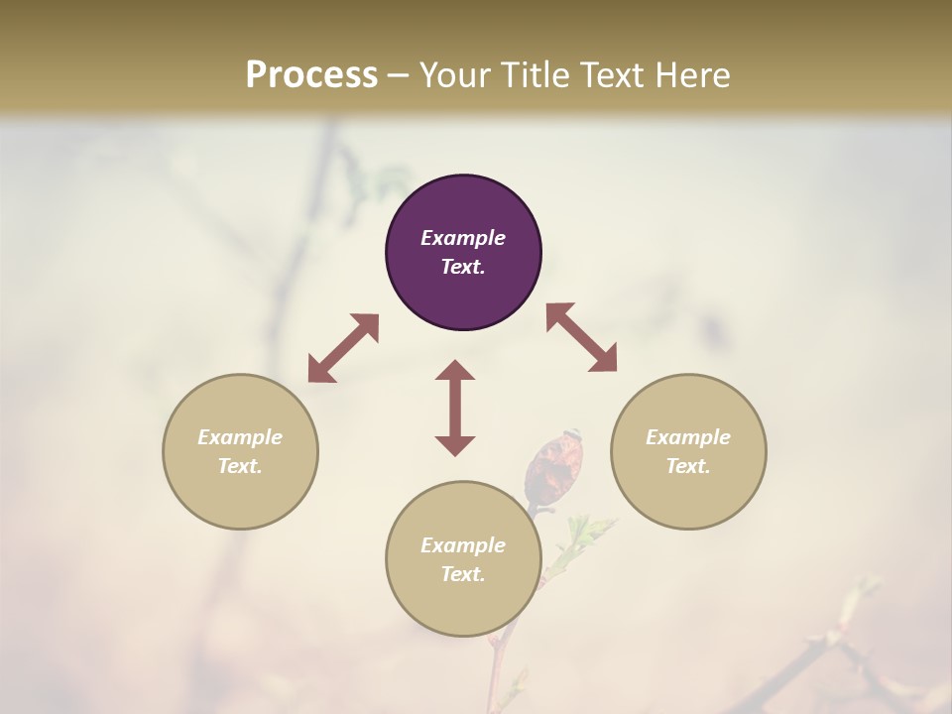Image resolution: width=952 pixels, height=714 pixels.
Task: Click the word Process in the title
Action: (311, 75)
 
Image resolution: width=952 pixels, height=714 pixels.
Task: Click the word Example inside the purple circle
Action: (463, 238)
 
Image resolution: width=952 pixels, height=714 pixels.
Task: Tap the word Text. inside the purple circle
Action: (463, 267)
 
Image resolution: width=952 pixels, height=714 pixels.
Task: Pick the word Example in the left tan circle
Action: (240, 437)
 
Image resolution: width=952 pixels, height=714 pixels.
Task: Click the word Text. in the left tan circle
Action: (240, 466)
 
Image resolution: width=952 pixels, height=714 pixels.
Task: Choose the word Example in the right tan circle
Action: (688, 437)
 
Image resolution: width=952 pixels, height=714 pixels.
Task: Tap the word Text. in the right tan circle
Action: (688, 466)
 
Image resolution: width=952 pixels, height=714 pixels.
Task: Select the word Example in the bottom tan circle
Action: (463, 545)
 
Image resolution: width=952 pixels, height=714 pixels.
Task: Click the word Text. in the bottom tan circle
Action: (463, 574)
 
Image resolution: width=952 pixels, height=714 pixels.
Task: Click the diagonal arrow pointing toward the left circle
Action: (343, 348)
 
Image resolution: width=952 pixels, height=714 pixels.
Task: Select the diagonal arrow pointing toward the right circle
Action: (581, 337)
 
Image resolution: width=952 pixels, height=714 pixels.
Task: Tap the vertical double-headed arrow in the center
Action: (455, 408)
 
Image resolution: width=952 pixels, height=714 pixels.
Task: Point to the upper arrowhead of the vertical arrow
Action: (455, 370)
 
